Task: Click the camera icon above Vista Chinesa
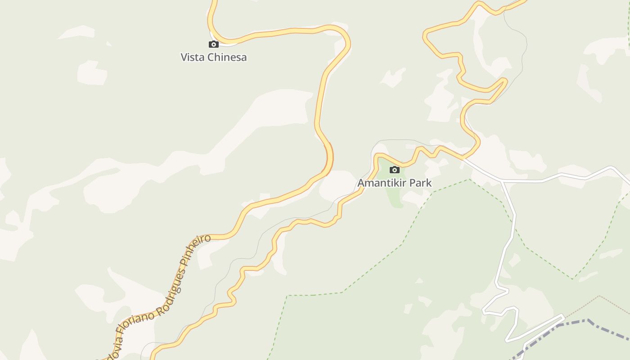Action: tap(214, 44)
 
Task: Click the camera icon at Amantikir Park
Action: tap(395, 170)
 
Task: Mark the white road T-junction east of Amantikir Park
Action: tap(502, 181)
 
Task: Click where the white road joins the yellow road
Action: tap(463, 158)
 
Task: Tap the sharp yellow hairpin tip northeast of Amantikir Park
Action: tap(505, 81)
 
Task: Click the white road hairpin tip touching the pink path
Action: tap(562, 315)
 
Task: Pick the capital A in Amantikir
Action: tap(361, 183)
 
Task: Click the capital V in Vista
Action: tap(184, 57)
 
